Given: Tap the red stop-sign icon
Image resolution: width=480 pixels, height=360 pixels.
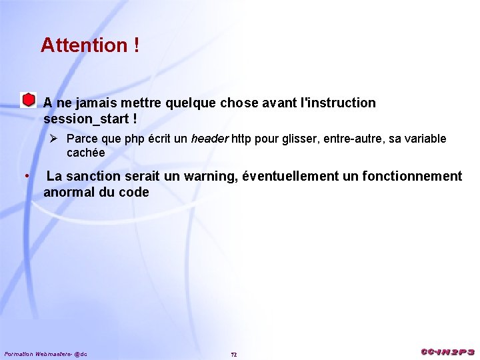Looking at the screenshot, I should coord(27,100).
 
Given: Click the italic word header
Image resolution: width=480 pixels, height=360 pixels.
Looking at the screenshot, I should coord(210,139).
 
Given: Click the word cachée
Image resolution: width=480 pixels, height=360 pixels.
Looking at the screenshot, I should coord(85,153).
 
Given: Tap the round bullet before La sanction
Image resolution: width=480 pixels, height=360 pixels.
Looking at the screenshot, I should coord(26,176).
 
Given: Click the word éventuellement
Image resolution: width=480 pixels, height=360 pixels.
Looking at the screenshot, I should coord(290,176).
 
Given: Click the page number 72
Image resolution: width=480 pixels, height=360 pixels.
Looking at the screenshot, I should coord(233,354).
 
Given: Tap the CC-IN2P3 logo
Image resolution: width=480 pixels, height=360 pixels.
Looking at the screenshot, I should coord(447,352).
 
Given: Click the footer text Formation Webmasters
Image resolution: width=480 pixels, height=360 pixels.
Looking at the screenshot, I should coord(37,353).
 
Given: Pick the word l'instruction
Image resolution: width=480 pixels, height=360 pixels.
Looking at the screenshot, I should coord(339,103).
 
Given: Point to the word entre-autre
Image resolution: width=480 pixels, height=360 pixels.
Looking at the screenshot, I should coord(355,139).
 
